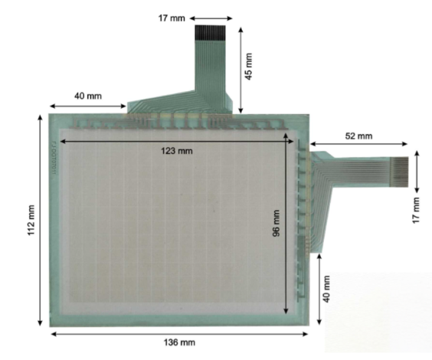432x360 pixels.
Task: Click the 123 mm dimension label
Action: click(x=178, y=151)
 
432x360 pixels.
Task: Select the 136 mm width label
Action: click(x=178, y=342)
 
